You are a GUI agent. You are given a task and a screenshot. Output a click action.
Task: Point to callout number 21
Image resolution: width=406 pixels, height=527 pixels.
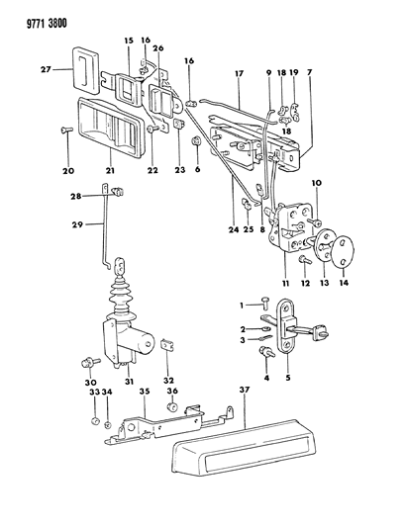click(109, 170)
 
